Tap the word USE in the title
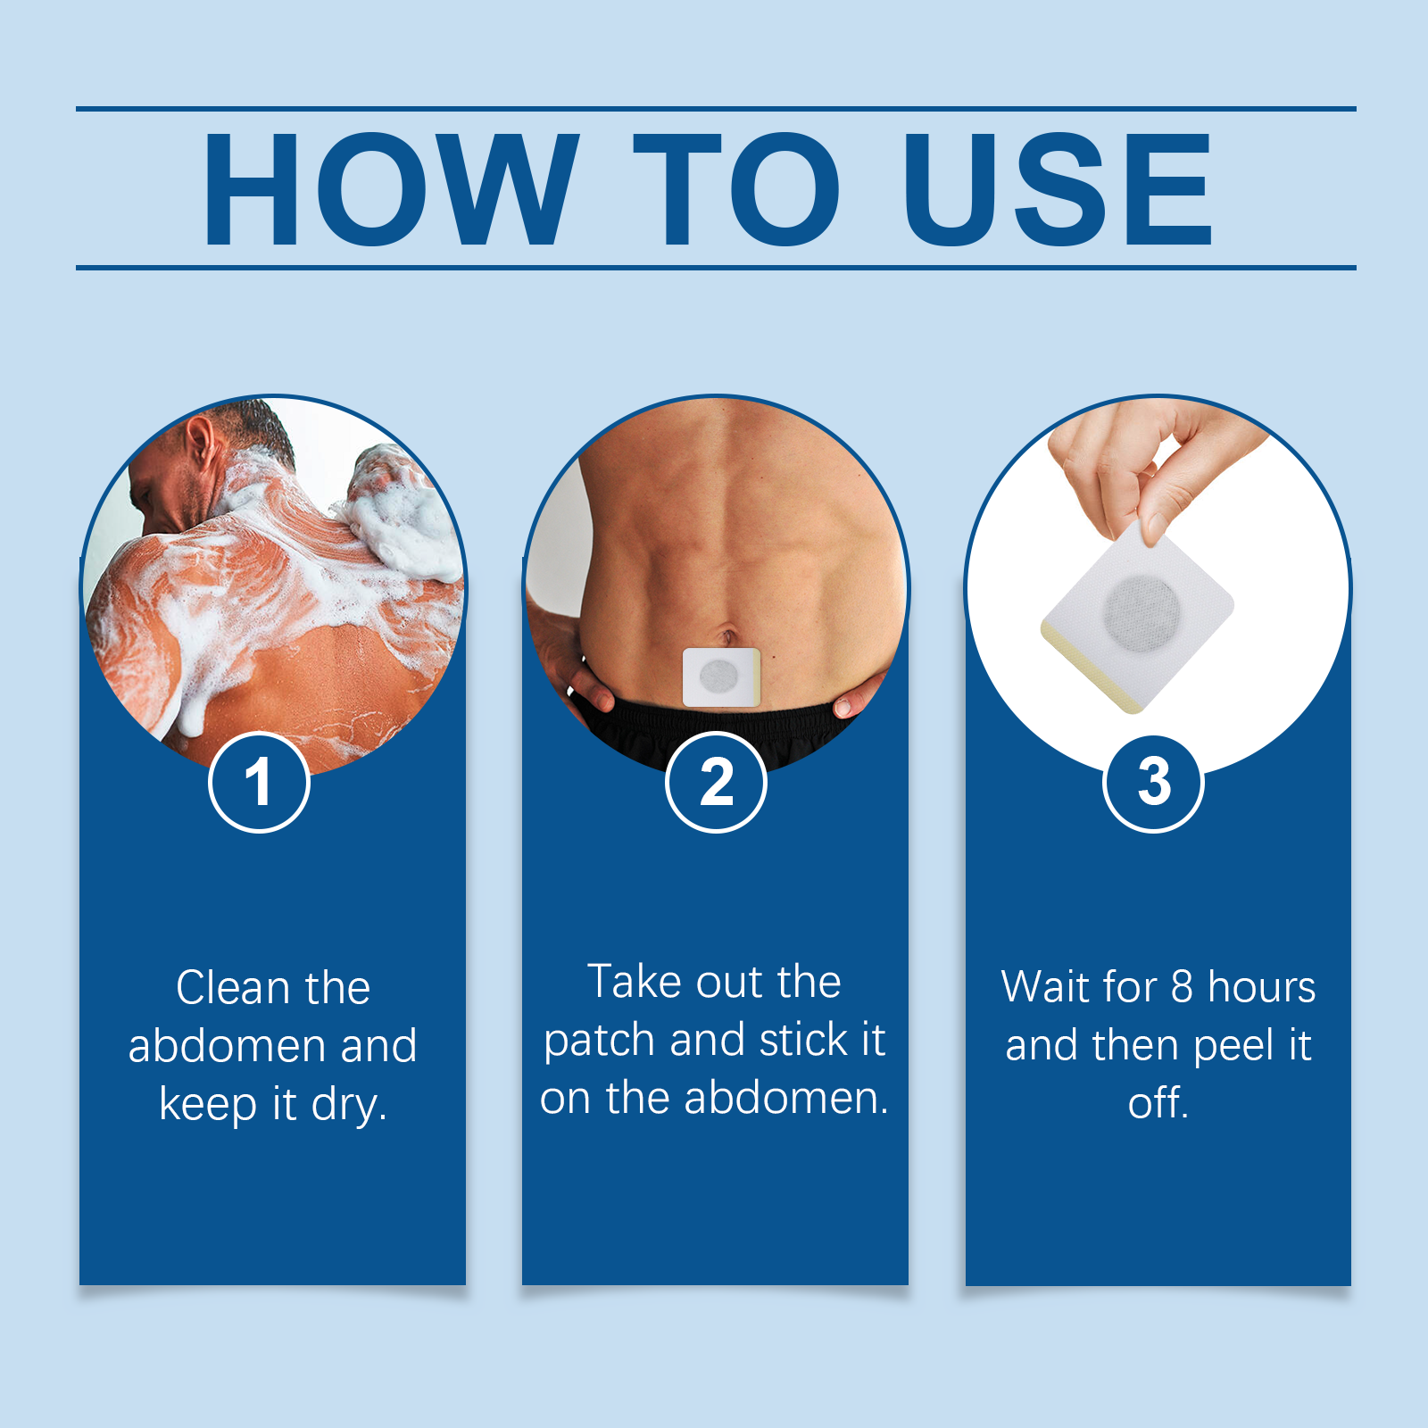coord(1058,189)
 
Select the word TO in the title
coord(736,189)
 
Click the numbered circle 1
coord(259,783)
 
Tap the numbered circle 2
coord(716,783)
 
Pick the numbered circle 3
coord(1153,783)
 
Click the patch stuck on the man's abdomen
coord(720,677)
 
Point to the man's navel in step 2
coord(727,637)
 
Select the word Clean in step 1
coord(233,988)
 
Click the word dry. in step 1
coord(349,1105)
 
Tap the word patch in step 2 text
coord(599,1041)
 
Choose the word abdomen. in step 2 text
coord(786,1098)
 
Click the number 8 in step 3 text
coord(1182,987)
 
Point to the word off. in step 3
coord(1158,1103)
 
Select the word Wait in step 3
coord(1046,987)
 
